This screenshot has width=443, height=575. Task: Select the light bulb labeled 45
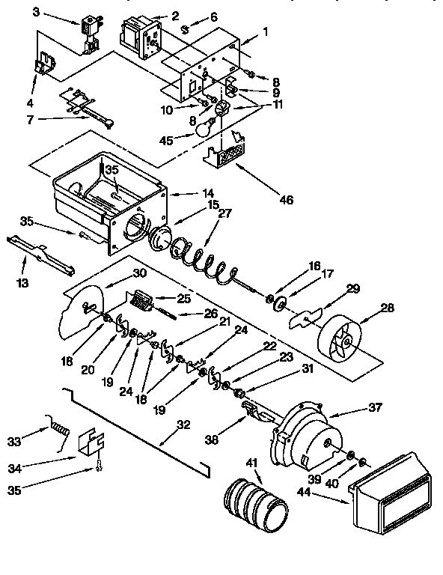tap(203, 129)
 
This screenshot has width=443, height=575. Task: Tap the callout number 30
tap(140, 273)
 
